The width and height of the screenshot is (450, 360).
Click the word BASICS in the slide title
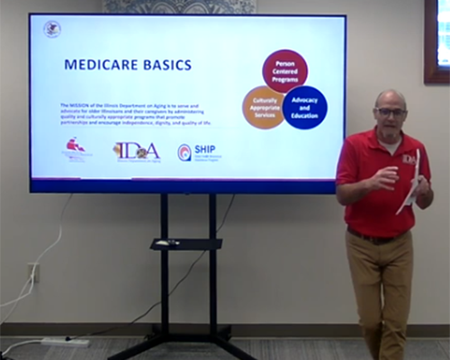click(x=164, y=65)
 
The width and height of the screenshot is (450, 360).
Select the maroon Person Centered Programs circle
click(x=284, y=71)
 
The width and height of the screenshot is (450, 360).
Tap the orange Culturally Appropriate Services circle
click(x=264, y=107)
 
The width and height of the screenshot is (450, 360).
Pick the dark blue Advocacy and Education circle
click(x=304, y=107)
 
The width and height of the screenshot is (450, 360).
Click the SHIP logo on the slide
click(x=199, y=151)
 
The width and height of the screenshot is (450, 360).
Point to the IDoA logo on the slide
click(x=136, y=150)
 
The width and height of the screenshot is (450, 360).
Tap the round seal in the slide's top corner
click(x=52, y=29)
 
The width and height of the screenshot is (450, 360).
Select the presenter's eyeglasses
click(x=391, y=112)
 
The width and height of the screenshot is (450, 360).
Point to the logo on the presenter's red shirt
click(x=409, y=158)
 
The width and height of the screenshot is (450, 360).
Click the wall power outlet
click(x=33, y=273)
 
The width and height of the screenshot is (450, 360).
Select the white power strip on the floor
click(x=65, y=342)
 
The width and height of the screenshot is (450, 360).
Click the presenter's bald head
click(x=391, y=97)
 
